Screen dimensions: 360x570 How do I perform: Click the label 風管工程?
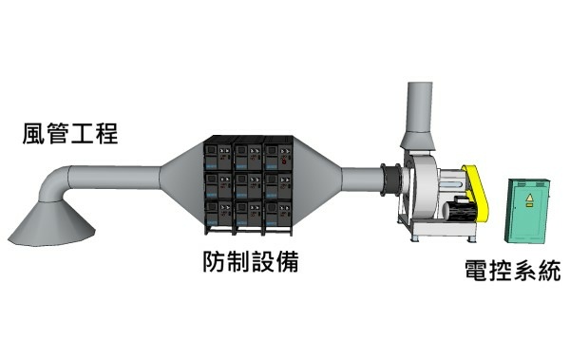pyautogui.click(x=69, y=131)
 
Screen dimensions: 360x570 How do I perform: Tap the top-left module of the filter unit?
pyautogui.click(x=218, y=154)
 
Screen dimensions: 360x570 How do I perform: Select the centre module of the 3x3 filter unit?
pyautogui.click(x=249, y=182)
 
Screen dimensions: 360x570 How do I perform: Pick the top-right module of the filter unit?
pyautogui.click(x=277, y=154)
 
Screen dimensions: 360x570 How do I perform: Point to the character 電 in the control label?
pyautogui.click(x=477, y=270)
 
